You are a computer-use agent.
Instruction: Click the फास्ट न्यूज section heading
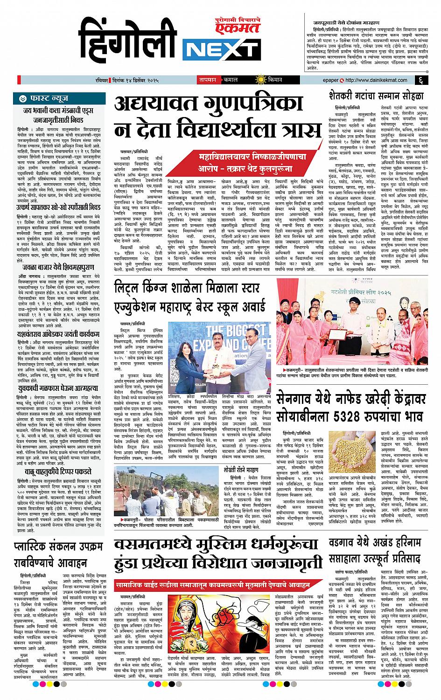pos(49,99)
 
